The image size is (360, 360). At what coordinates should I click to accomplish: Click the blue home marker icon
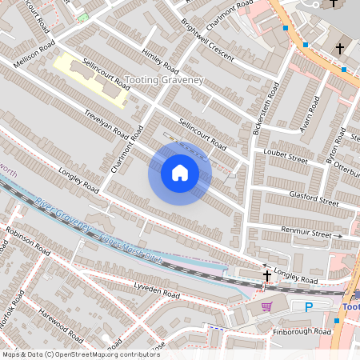(179, 173)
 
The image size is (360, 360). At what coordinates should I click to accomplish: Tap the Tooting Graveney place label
(165, 81)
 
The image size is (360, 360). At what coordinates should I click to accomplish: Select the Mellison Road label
(33, 53)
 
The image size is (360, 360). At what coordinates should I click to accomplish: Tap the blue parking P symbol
(309, 307)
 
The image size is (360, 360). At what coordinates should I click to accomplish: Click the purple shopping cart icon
(266, 305)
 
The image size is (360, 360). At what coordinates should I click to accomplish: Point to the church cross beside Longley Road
(267, 275)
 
